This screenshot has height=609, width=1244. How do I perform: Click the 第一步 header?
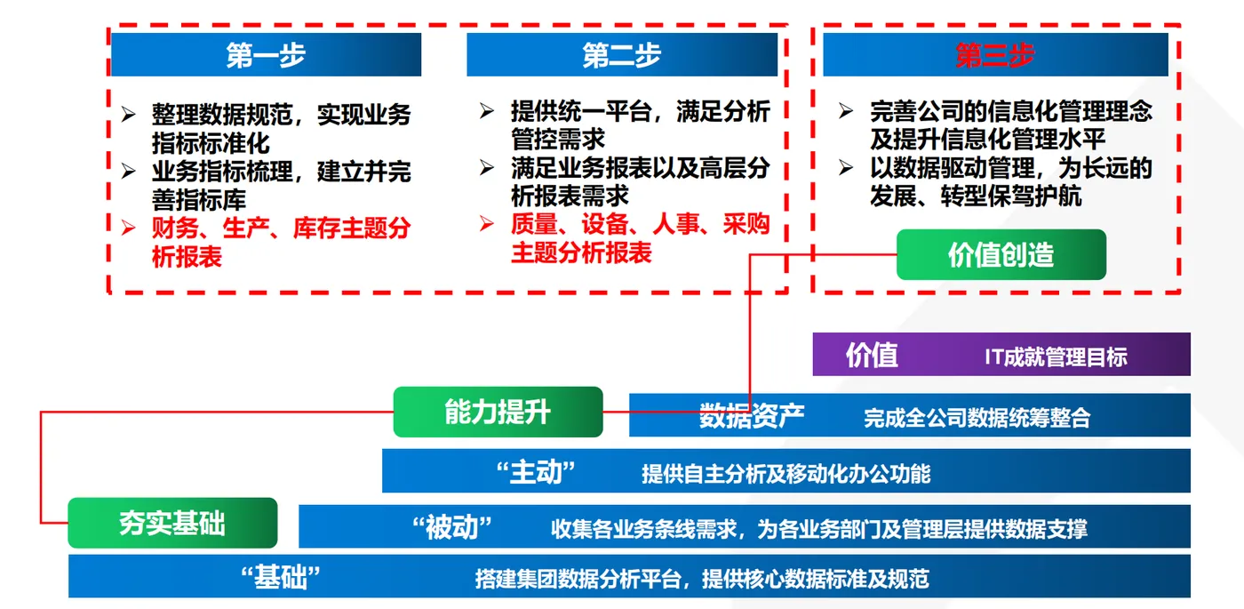click(x=266, y=55)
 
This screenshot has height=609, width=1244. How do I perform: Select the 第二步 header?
click(x=622, y=55)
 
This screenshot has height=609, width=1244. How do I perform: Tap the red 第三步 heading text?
click(x=995, y=55)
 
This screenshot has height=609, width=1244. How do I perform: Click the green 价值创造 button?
click(x=1001, y=255)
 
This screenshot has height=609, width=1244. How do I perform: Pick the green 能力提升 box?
click(x=498, y=412)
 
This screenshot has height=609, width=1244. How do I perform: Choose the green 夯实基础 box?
click(x=172, y=523)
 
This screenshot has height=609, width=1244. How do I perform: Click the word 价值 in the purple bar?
click(x=872, y=355)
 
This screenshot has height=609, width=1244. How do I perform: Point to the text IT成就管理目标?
click(x=1056, y=357)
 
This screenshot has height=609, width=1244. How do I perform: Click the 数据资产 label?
click(x=752, y=415)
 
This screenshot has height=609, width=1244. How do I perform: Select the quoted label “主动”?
click(x=537, y=471)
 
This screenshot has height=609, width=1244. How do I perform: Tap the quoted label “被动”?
click(x=452, y=528)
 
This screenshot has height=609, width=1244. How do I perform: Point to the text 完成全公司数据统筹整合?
click(x=977, y=418)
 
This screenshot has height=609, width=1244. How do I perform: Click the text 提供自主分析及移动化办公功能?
click(x=786, y=474)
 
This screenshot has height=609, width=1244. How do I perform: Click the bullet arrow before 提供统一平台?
click(x=487, y=111)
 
